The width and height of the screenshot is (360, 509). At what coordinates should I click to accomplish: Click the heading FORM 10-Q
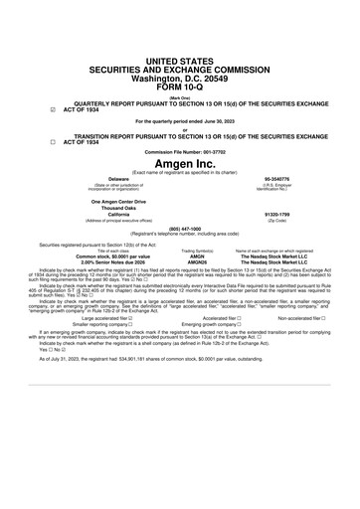pyautogui.click(x=180, y=58)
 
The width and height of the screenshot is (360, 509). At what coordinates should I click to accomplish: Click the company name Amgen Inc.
pyautogui.click(x=180, y=161)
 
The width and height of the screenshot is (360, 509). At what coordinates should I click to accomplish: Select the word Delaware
pyautogui.click(x=105, y=180)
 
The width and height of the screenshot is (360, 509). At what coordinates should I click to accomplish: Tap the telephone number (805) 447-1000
pyautogui.click(x=180, y=227)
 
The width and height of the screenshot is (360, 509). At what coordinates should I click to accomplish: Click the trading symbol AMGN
pyautogui.click(x=196, y=255)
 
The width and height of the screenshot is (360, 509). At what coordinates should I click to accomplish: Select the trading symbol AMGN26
pyautogui.click(x=196, y=261)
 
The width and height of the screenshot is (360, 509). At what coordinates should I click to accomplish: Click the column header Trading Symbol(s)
pyautogui.click(x=196, y=250)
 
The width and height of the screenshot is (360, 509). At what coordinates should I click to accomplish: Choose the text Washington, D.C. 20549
pyautogui.click(x=180, y=48)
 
